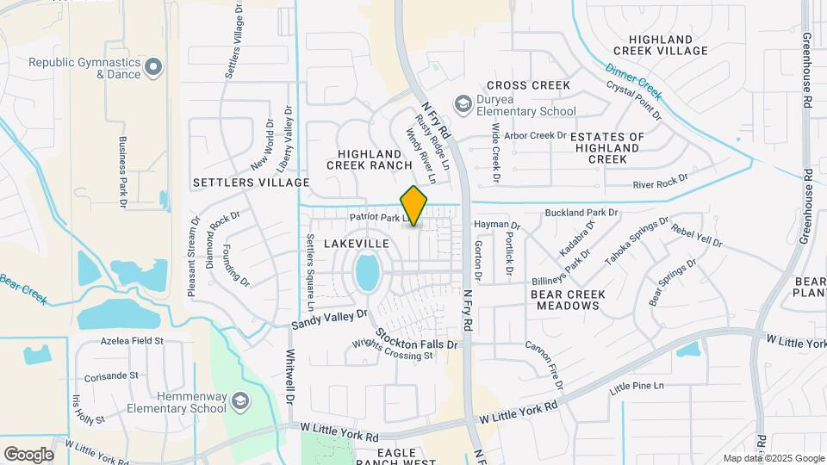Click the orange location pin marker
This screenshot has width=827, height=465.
(x=414, y=205)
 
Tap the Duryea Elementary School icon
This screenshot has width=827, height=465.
(x=463, y=104)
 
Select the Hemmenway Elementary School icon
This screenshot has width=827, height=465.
(x=240, y=401)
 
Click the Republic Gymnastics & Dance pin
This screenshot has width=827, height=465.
(x=153, y=66)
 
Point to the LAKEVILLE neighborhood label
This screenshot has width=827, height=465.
(x=357, y=245)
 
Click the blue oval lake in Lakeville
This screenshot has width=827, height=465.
(x=367, y=272)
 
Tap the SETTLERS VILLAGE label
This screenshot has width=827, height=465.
(x=251, y=183)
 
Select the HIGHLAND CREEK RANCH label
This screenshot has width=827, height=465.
(x=370, y=158)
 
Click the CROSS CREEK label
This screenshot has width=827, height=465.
(x=528, y=85)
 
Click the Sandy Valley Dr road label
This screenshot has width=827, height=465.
(x=329, y=320)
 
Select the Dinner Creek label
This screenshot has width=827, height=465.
(x=632, y=80)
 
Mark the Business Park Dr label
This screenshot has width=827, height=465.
(x=123, y=168)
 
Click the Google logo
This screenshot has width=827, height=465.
(x=28, y=454)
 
